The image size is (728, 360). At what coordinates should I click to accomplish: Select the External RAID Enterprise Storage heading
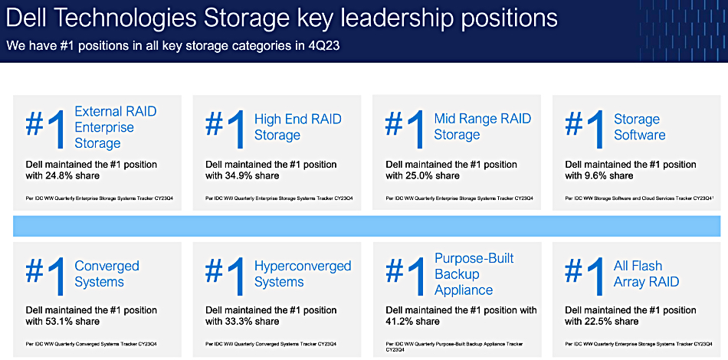[116, 127]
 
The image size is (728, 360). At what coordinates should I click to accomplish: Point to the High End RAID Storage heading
[297, 127]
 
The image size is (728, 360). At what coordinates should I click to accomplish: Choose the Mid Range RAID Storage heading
[482, 126]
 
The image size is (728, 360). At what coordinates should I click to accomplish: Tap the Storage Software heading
[640, 127]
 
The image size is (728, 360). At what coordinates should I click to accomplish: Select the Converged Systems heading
[107, 273]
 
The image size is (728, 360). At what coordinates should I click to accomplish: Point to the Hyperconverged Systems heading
[303, 273]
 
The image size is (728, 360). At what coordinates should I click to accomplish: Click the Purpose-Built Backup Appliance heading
[474, 273]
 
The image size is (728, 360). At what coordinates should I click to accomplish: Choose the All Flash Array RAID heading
[646, 273]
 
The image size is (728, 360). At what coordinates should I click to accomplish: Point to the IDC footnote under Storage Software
[639, 198]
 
